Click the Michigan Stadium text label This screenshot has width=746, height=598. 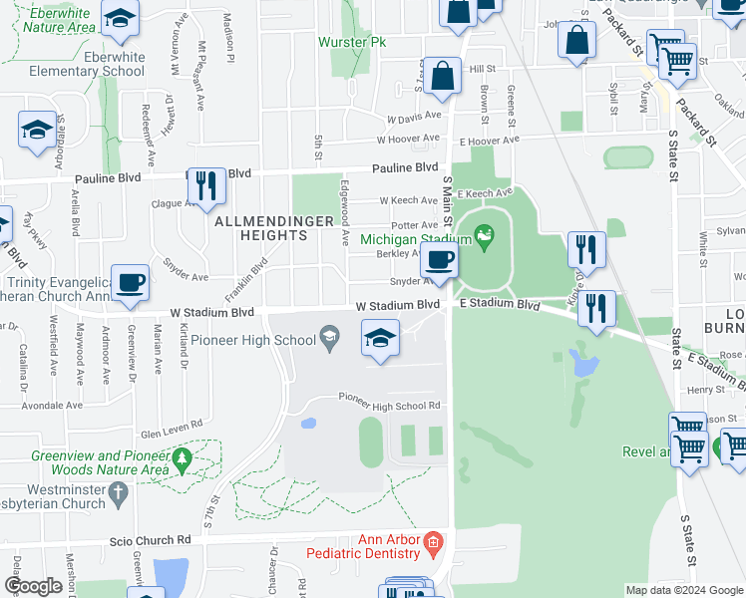[x=415, y=239]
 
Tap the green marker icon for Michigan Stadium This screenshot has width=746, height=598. [x=485, y=237]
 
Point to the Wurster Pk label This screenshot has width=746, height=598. [x=351, y=43]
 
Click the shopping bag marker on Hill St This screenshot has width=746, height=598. [x=441, y=77]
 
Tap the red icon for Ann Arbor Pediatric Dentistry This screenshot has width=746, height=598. [x=432, y=542]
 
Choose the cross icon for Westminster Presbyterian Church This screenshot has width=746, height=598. [x=118, y=491]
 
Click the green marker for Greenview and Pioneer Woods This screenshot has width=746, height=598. [x=182, y=459]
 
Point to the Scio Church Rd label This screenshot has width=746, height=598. [x=149, y=540]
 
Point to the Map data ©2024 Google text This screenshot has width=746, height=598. [x=683, y=590]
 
